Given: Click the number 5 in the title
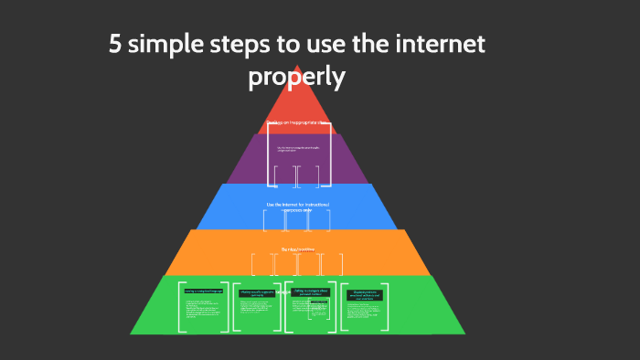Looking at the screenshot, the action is (115, 45).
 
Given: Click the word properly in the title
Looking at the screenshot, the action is (296, 79).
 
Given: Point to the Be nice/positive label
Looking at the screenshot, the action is (297, 249).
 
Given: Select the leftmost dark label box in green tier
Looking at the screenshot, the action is (203, 291).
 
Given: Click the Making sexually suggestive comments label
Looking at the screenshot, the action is (257, 293).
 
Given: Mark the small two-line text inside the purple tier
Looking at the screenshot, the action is (297, 147).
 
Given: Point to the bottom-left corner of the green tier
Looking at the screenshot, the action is (133, 332).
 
